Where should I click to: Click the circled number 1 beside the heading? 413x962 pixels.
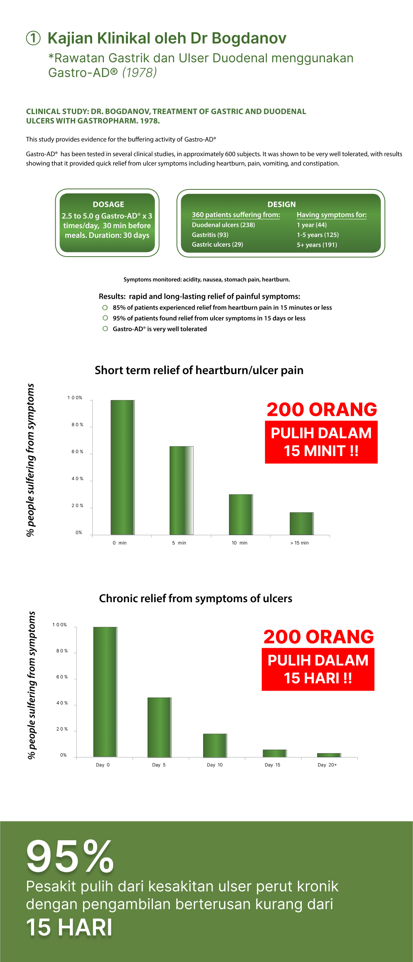coord(33,38)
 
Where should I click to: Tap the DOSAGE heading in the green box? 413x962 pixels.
coord(108,204)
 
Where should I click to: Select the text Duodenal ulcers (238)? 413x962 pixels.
coord(223,225)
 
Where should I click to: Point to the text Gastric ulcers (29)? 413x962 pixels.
coord(217,245)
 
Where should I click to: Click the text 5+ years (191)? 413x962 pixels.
coord(317,245)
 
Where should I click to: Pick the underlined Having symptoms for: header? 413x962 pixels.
coord(331,215)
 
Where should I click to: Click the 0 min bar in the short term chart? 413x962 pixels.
coord(122,468)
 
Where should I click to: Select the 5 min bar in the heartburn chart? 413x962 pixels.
coord(182,491)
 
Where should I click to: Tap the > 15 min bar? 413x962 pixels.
coord(302,524)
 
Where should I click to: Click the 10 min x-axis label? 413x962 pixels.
coord(240,543)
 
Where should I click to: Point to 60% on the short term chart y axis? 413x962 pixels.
coord(77,452)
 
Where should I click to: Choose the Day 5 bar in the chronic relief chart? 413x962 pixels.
coord(159,727)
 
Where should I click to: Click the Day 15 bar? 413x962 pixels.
coord(275,753)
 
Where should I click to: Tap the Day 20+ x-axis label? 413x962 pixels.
coord(327,765)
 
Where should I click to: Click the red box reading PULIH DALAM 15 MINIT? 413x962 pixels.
coord(321,442)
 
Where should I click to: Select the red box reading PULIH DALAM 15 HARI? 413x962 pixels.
coord(318,669)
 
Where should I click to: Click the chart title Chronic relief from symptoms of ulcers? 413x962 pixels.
coord(195,598)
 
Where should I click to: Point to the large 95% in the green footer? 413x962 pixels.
coord(70,856)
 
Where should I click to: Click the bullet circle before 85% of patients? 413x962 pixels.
coord(105,308)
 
